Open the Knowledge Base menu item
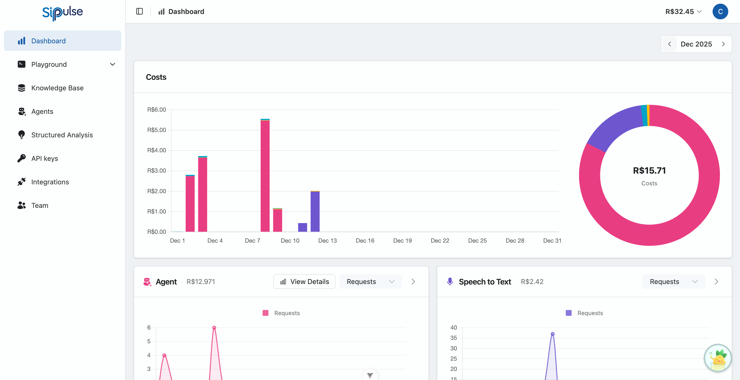tap(57, 88)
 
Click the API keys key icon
tap(22, 158)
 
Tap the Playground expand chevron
tap(113, 64)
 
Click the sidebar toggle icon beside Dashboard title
tap(139, 12)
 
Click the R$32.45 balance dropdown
tap(683, 12)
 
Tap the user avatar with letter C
tap(720, 12)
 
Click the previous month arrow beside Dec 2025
tap(670, 44)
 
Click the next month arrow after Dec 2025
tap(723, 44)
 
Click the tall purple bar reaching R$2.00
tap(315, 211)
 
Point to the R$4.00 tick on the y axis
tap(157, 150)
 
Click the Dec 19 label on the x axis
tap(402, 241)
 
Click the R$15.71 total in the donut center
tap(649, 170)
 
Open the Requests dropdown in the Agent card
tap(370, 282)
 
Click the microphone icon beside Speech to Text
tap(450, 282)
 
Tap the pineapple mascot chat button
tap(717, 358)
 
